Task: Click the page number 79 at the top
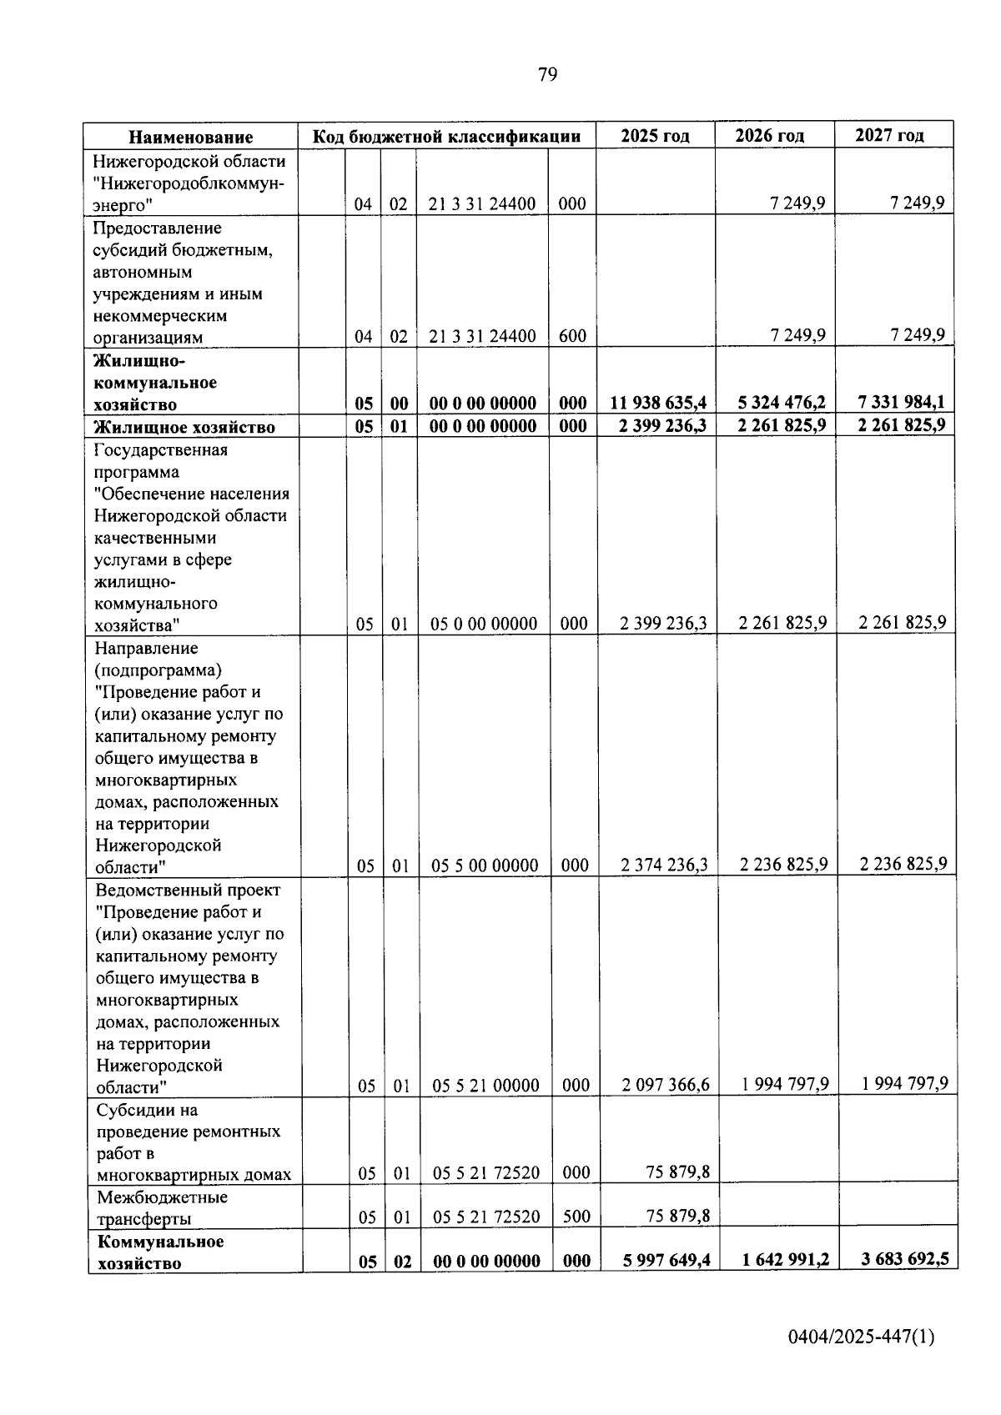[x=547, y=75]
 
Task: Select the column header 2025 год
[x=655, y=136]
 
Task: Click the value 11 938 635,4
[x=658, y=404]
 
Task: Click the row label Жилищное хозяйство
[x=184, y=428]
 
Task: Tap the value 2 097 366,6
[x=666, y=1084]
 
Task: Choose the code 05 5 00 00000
[x=485, y=866]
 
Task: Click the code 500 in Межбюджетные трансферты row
[x=576, y=1217]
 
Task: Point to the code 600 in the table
[x=572, y=336]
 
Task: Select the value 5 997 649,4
[x=666, y=1260]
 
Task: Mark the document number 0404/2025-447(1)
[x=861, y=1337]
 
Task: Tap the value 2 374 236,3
[x=664, y=865]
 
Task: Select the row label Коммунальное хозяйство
[x=160, y=1252]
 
